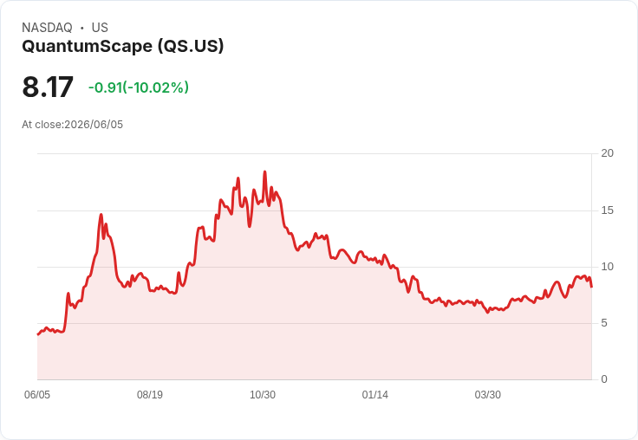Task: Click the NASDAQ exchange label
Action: click(x=47, y=28)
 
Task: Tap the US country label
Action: click(x=100, y=28)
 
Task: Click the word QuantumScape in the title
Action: click(x=87, y=46)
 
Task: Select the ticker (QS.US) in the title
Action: click(x=191, y=46)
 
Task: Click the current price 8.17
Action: click(x=48, y=87)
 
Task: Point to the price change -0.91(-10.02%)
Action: click(x=139, y=87)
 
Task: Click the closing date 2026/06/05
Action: click(x=94, y=125)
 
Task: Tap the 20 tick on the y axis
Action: click(x=607, y=153)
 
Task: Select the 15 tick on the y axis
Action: click(x=607, y=210)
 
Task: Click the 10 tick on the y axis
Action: click(x=607, y=267)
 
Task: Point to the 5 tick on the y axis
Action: click(x=604, y=323)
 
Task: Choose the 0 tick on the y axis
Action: click(x=604, y=379)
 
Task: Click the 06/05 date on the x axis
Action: click(x=37, y=395)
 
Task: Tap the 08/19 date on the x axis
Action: click(x=150, y=395)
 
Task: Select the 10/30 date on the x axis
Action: click(x=263, y=395)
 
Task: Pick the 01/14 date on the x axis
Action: click(x=375, y=395)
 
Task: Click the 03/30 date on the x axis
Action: click(x=488, y=395)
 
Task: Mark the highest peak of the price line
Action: click(x=265, y=171)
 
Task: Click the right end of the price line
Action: click(x=591, y=287)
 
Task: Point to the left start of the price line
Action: click(x=38, y=334)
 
